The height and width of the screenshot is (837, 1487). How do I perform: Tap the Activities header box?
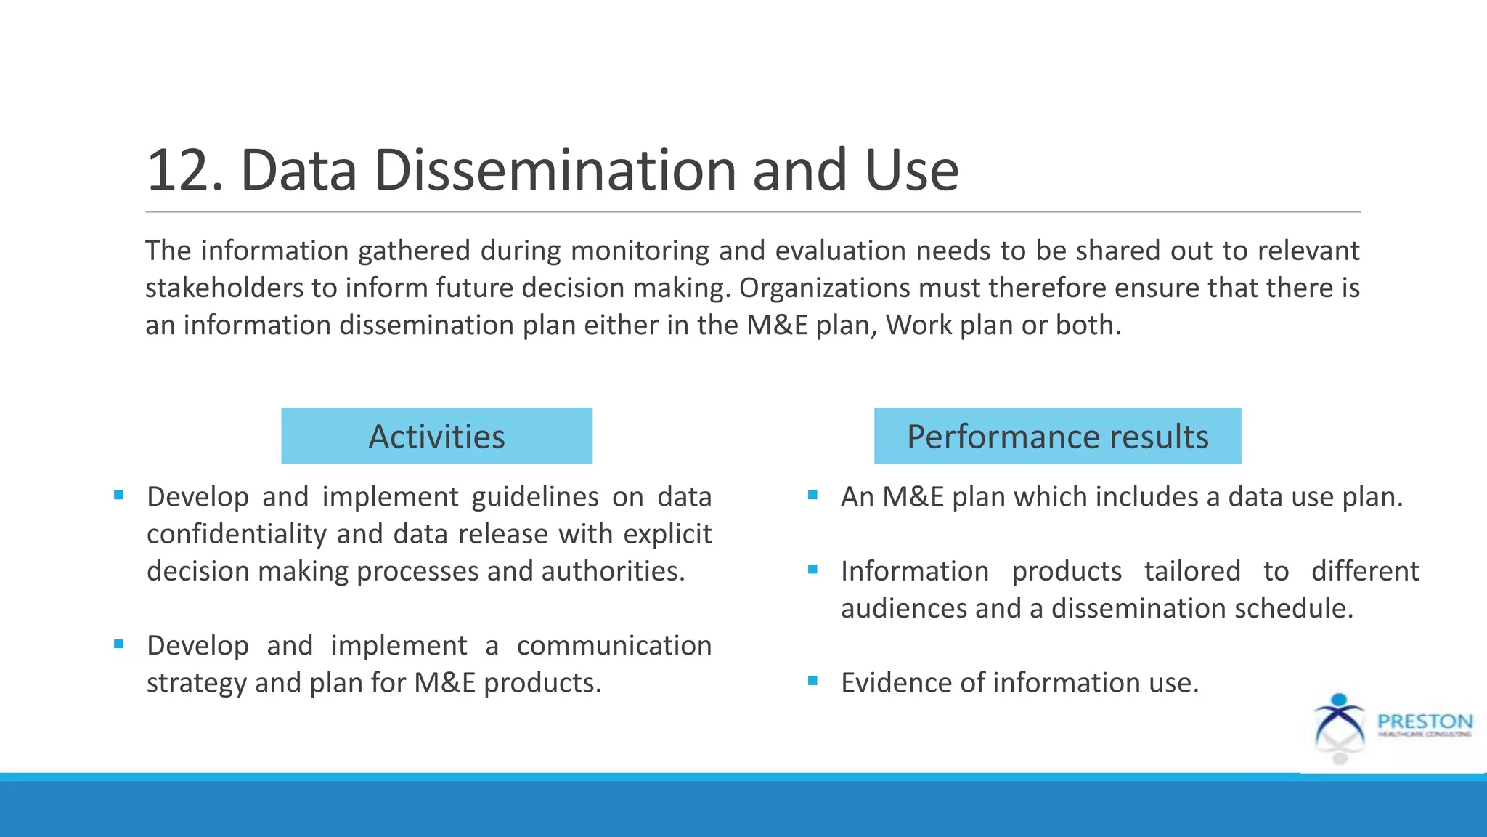click(436, 436)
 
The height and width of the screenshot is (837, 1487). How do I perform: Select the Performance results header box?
click(1057, 436)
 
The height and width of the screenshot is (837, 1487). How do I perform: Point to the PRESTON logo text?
click(1425, 721)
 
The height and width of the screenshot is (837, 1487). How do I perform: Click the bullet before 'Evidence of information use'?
click(812, 681)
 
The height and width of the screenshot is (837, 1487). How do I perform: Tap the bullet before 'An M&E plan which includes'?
click(812, 496)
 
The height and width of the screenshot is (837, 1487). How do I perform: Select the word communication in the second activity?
click(614, 645)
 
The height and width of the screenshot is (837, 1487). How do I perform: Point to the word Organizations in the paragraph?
click(824, 288)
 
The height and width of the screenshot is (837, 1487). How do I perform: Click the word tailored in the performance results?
click(1192, 571)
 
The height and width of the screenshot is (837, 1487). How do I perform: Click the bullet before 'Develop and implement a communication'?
click(118, 644)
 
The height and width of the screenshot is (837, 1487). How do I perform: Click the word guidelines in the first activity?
click(535, 497)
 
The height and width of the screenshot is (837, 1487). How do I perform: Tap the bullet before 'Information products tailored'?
click(812, 570)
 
